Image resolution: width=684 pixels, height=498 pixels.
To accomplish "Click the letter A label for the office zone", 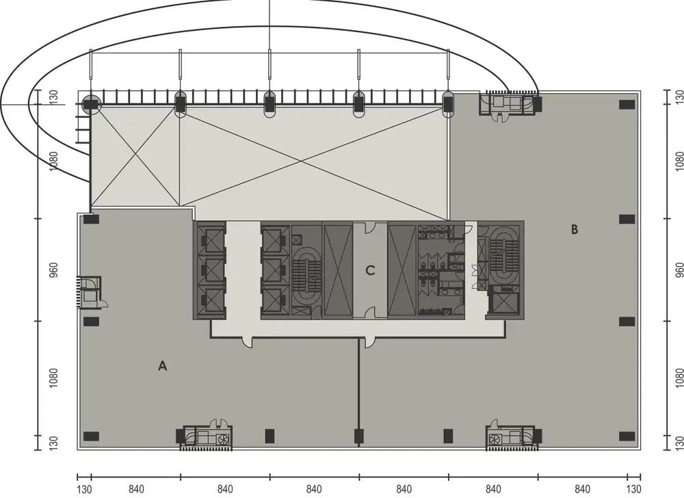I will point(163,366).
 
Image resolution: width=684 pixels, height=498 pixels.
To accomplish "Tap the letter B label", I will point(575,230).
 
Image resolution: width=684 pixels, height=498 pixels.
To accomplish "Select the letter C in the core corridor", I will point(370,270).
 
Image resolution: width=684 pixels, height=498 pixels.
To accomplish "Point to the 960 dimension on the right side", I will point(679,270).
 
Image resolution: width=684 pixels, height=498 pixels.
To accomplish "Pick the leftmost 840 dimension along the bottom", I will point(135,488).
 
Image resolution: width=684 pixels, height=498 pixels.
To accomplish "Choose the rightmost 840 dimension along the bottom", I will point(582,488).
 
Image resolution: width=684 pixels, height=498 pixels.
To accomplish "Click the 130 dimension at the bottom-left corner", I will point(83,488).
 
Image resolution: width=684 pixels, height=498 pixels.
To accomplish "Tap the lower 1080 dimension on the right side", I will point(679,378).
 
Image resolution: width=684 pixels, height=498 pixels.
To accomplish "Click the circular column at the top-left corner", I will point(91,104).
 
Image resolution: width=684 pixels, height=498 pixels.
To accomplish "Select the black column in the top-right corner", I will point(627,104).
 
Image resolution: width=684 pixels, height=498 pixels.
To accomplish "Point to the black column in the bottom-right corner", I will point(627,436).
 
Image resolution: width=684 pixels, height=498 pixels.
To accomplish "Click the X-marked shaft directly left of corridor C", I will point(337,271).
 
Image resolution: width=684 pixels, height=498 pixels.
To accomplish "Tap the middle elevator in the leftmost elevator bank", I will point(210,271).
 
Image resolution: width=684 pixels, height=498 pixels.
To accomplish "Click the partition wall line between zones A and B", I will point(358,390).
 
